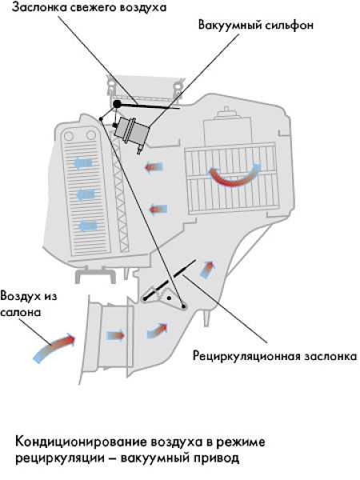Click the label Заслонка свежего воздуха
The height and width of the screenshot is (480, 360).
tap(89, 7)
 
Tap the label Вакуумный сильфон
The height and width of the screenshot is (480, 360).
tap(256, 25)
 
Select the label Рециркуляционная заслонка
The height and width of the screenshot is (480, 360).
tap(274, 356)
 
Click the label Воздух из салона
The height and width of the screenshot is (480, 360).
tap(28, 304)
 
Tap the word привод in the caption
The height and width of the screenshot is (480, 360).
tap(213, 458)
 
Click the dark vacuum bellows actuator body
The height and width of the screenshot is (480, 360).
tap(132, 131)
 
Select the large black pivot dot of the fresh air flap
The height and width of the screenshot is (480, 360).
tap(117, 104)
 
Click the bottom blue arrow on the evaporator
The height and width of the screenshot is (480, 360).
tap(88, 226)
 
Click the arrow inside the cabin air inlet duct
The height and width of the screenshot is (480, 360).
tap(116, 335)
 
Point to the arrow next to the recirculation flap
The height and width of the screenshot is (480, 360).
tap(207, 270)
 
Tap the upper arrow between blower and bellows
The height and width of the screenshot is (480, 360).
tap(154, 167)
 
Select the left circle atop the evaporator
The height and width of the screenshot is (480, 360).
tap(69, 136)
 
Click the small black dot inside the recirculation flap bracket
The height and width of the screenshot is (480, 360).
tap(169, 298)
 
